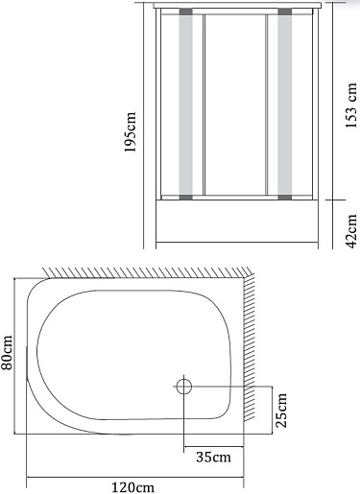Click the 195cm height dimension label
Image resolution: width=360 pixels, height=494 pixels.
coord(131,132)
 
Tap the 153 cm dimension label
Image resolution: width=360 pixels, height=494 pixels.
coord(351,106)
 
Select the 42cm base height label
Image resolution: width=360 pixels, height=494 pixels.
coord(351,231)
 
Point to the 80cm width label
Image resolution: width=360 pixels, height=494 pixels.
coord(7,352)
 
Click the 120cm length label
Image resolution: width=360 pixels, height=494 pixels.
coord(132,487)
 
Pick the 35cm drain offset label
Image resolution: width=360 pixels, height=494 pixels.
coord(213,457)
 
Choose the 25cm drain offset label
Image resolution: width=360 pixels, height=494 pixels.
coord(281,411)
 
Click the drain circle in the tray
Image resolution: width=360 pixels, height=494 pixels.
coord(184,387)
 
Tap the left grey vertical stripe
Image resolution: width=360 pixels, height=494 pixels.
coord(186,105)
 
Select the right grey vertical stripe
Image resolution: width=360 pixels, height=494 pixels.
coord(284,105)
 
